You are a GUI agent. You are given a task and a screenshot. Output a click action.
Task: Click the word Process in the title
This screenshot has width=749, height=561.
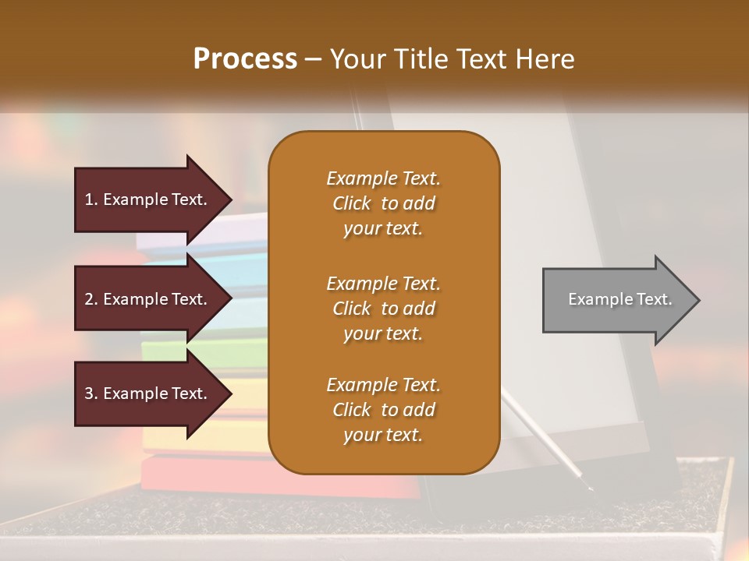point(245,59)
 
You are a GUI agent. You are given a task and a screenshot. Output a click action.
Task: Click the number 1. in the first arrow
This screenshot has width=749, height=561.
point(91,199)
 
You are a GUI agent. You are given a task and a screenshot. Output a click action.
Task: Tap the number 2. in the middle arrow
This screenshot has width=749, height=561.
point(91,299)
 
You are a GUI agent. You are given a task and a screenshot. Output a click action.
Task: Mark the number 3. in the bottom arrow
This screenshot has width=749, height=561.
point(91,393)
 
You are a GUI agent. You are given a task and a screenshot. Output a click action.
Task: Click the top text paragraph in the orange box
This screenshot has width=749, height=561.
point(383,203)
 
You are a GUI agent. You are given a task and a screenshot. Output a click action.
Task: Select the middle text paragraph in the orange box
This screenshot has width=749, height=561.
point(383,309)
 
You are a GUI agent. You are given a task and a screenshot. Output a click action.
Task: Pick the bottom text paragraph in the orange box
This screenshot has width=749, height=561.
point(383,410)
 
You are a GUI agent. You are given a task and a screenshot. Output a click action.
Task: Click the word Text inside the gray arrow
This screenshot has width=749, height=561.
point(655,299)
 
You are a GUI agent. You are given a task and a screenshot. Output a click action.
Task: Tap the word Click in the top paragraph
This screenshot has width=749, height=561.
point(352,203)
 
